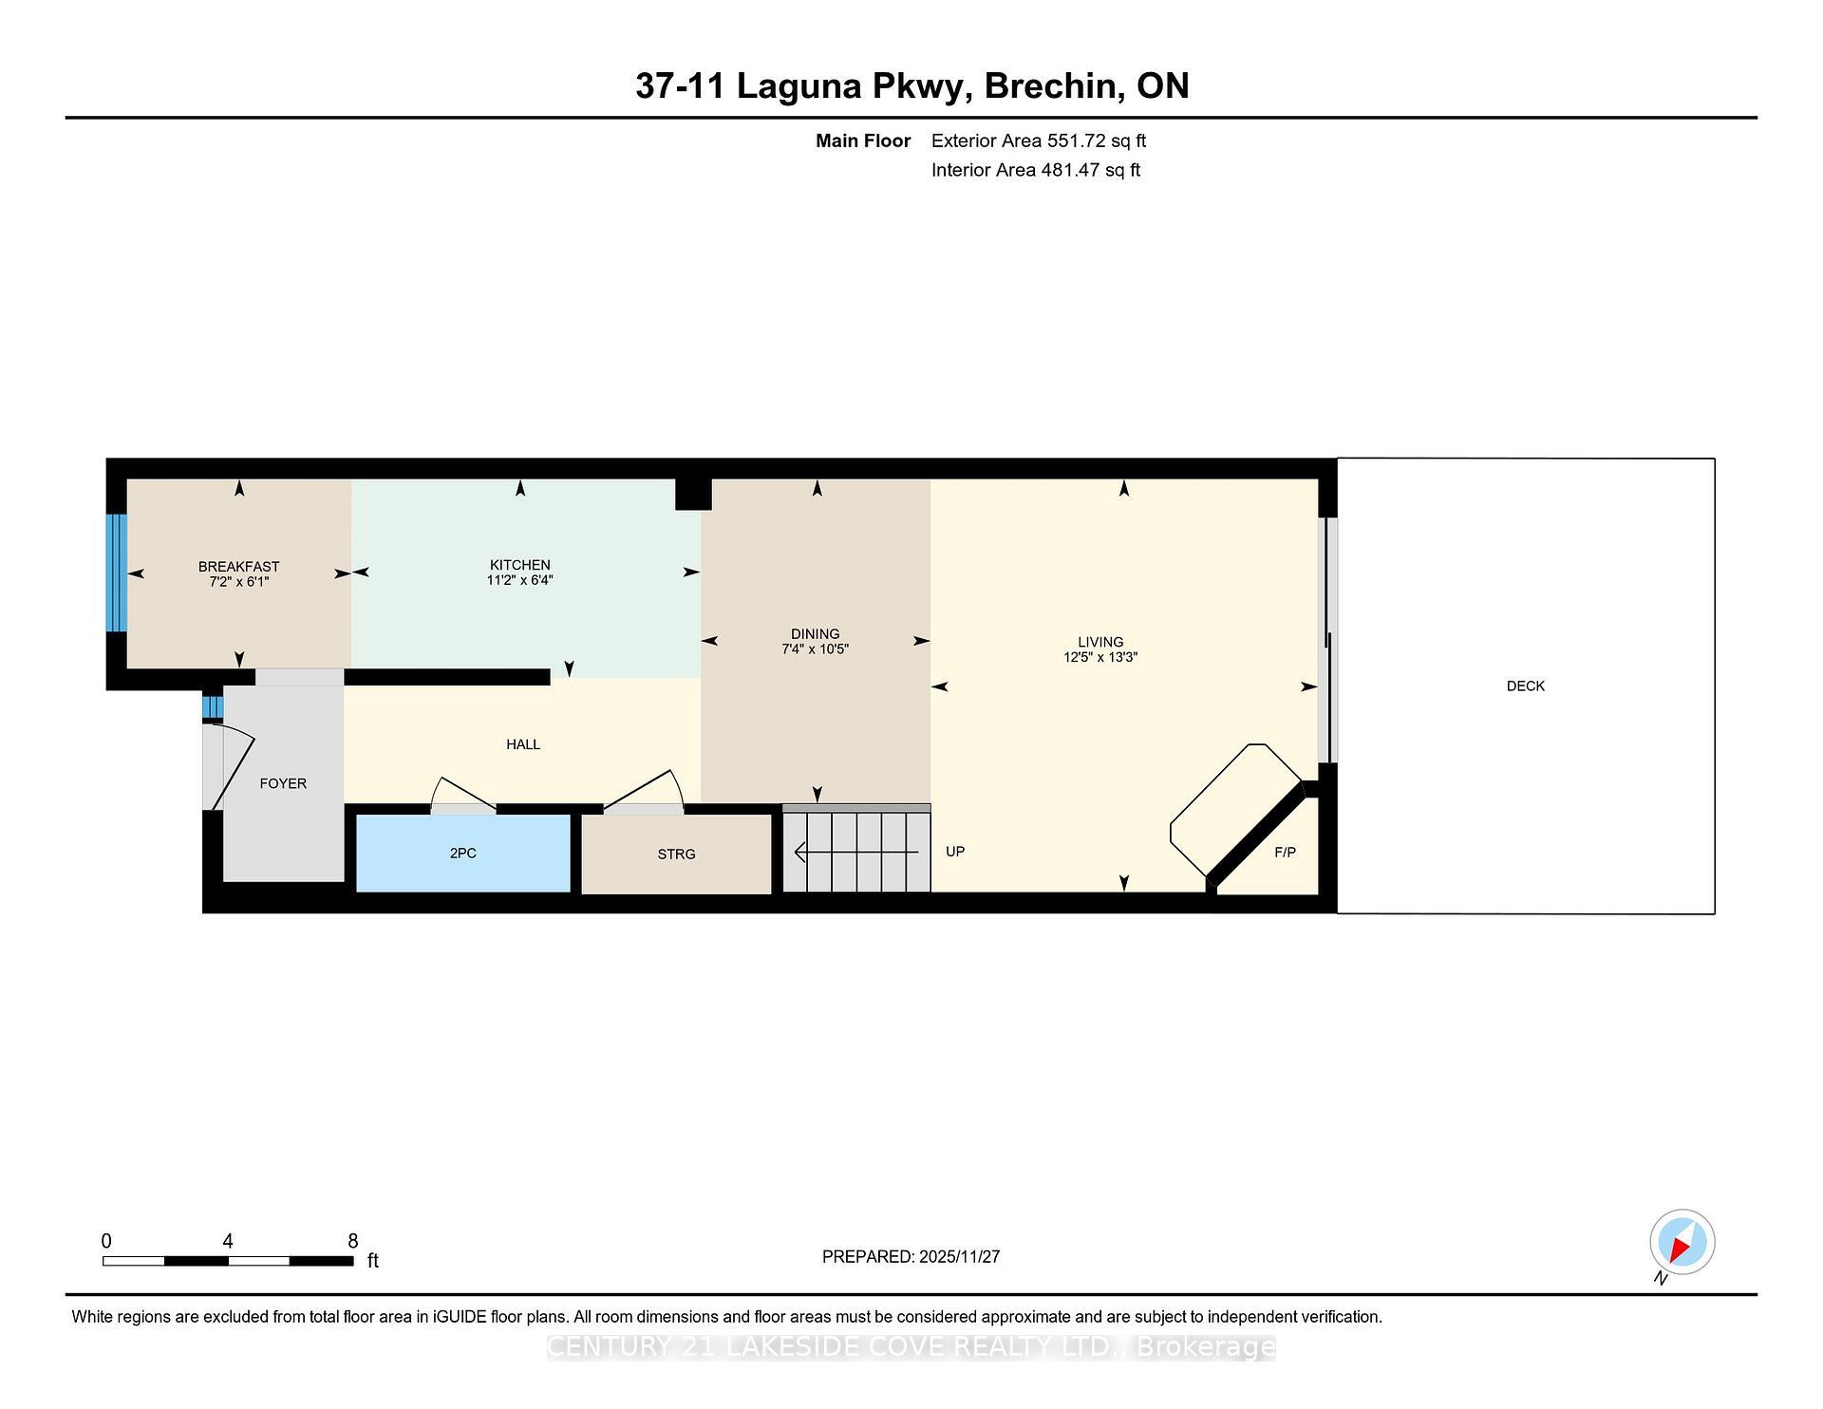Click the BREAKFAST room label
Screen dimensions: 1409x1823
(238, 566)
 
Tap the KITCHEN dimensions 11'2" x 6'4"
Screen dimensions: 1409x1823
(519, 580)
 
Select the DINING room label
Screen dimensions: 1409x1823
(815, 633)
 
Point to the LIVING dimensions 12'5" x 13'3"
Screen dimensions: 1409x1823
(1099, 657)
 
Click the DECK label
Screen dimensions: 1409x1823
(1525, 686)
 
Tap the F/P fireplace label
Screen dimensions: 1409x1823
(1284, 853)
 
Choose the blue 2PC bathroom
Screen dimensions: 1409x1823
(462, 853)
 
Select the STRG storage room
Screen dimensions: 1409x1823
(676, 854)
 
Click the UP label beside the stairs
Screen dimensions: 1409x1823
(955, 851)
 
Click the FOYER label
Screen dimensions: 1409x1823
(283, 783)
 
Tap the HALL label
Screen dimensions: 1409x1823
(523, 744)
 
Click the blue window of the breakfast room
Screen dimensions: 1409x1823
(116, 573)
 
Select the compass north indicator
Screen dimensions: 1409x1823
(1682, 1242)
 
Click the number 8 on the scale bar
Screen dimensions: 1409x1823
(353, 1241)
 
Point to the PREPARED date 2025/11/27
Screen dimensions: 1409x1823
(959, 1256)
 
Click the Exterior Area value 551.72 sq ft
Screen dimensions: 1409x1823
(1096, 141)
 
